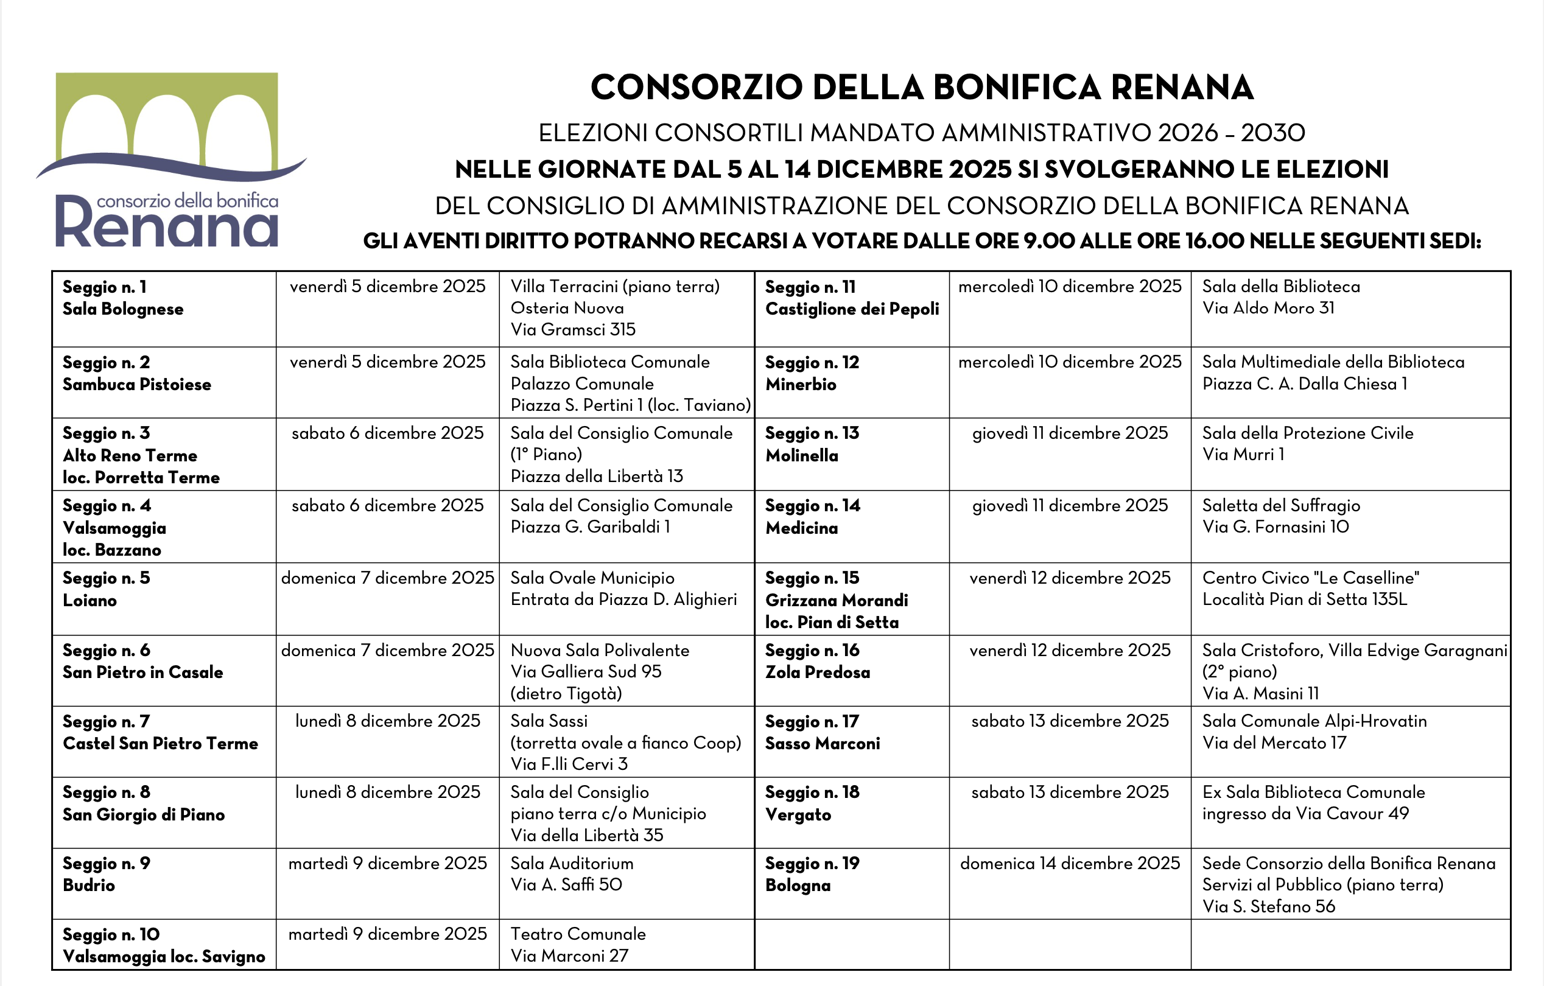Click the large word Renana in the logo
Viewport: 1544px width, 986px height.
pos(167,225)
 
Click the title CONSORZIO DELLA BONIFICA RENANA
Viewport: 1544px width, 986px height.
pos(921,87)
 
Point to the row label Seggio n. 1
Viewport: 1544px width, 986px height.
pos(105,287)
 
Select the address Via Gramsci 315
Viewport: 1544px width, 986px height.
pos(572,329)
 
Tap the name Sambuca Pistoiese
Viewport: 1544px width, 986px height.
pos(136,384)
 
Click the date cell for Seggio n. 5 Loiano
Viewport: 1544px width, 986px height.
pos(387,578)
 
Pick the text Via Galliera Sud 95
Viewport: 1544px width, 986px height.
pos(586,671)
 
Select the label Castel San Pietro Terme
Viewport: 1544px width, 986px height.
pos(160,743)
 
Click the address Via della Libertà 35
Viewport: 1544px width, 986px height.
pos(587,834)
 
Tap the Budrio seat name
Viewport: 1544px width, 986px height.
pos(89,885)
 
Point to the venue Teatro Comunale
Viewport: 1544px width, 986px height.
pos(578,934)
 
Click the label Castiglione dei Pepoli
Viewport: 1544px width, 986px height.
pos(852,309)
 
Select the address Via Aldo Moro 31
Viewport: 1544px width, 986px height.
pos(1268,308)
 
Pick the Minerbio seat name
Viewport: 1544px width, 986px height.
pos(800,384)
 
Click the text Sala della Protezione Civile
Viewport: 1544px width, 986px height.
pos(1307,433)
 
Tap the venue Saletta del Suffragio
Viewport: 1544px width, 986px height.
pos(1280,505)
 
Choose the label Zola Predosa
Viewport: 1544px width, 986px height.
pos(818,672)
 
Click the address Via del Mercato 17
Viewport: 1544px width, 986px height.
pos(1274,743)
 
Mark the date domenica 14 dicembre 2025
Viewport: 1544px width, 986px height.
pos(1070,863)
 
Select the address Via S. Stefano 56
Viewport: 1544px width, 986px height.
pos(1268,906)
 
